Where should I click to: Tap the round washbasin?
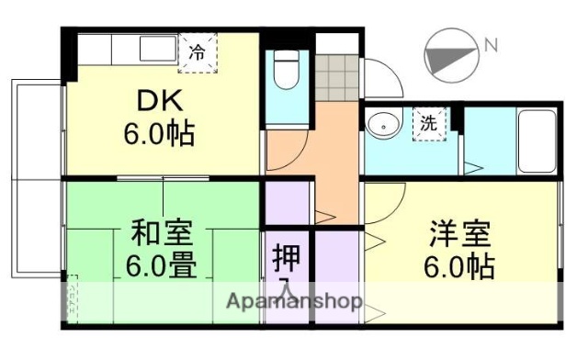coord(379,124)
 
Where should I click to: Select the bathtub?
coord(535,140)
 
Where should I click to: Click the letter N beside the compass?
coord(492,44)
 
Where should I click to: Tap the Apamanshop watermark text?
coord(294,301)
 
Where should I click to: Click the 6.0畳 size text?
coord(161,268)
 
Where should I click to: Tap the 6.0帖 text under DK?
coord(161,135)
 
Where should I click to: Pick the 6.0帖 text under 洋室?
coord(459,268)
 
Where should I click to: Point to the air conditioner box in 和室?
coord(72,298)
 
